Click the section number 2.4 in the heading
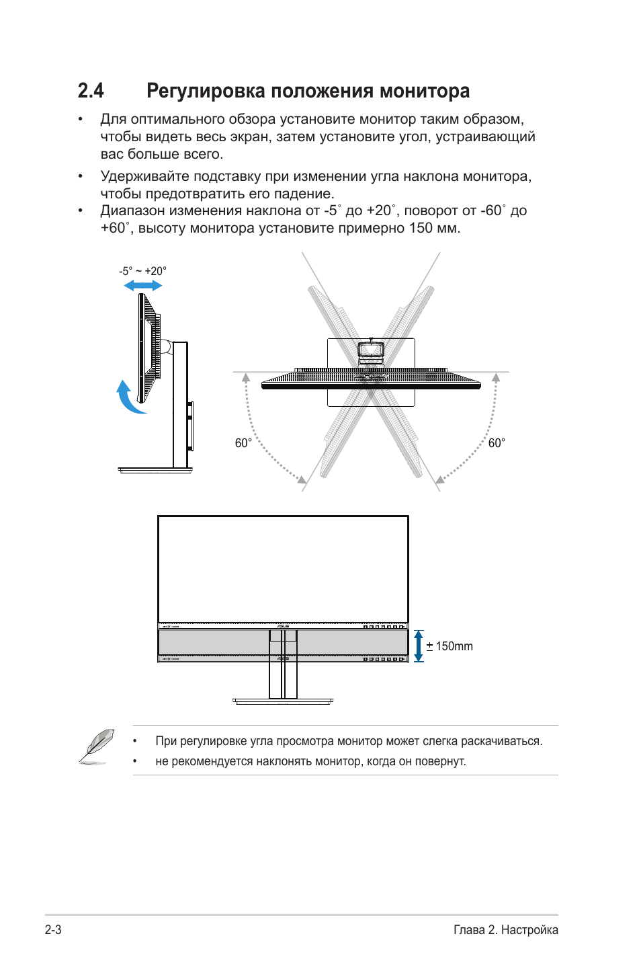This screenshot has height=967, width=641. (x=91, y=91)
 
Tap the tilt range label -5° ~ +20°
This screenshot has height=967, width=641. (x=142, y=271)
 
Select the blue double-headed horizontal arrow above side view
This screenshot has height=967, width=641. (x=143, y=286)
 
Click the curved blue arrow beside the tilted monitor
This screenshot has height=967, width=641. (x=128, y=398)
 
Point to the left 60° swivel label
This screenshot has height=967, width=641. (x=243, y=443)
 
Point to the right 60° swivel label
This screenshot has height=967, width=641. (x=497, y=443)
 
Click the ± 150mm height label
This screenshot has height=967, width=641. (x=450, y=646)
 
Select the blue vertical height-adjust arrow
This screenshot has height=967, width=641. (x=419, y=646)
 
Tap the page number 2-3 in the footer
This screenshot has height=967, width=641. (x=53, y=930)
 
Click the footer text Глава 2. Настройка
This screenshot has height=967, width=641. (x=505, y=930)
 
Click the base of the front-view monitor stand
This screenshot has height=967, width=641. (x=283, y=701)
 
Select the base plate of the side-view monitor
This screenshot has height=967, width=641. (x=155, y=470)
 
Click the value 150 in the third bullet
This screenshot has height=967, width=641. (x=421, y=228)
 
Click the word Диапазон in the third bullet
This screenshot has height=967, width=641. (x=132, y=210)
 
